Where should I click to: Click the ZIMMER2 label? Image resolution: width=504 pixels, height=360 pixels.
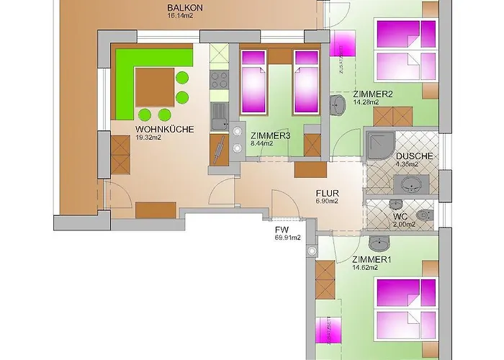372,94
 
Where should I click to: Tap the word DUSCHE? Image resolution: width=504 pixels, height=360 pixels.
413,156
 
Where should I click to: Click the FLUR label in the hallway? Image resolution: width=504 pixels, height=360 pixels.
328,193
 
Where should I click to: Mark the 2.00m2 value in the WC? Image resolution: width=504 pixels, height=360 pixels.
404,224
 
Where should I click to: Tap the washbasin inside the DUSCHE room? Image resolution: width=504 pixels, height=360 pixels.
413,186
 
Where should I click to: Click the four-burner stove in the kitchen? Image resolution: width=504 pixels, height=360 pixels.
219,81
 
